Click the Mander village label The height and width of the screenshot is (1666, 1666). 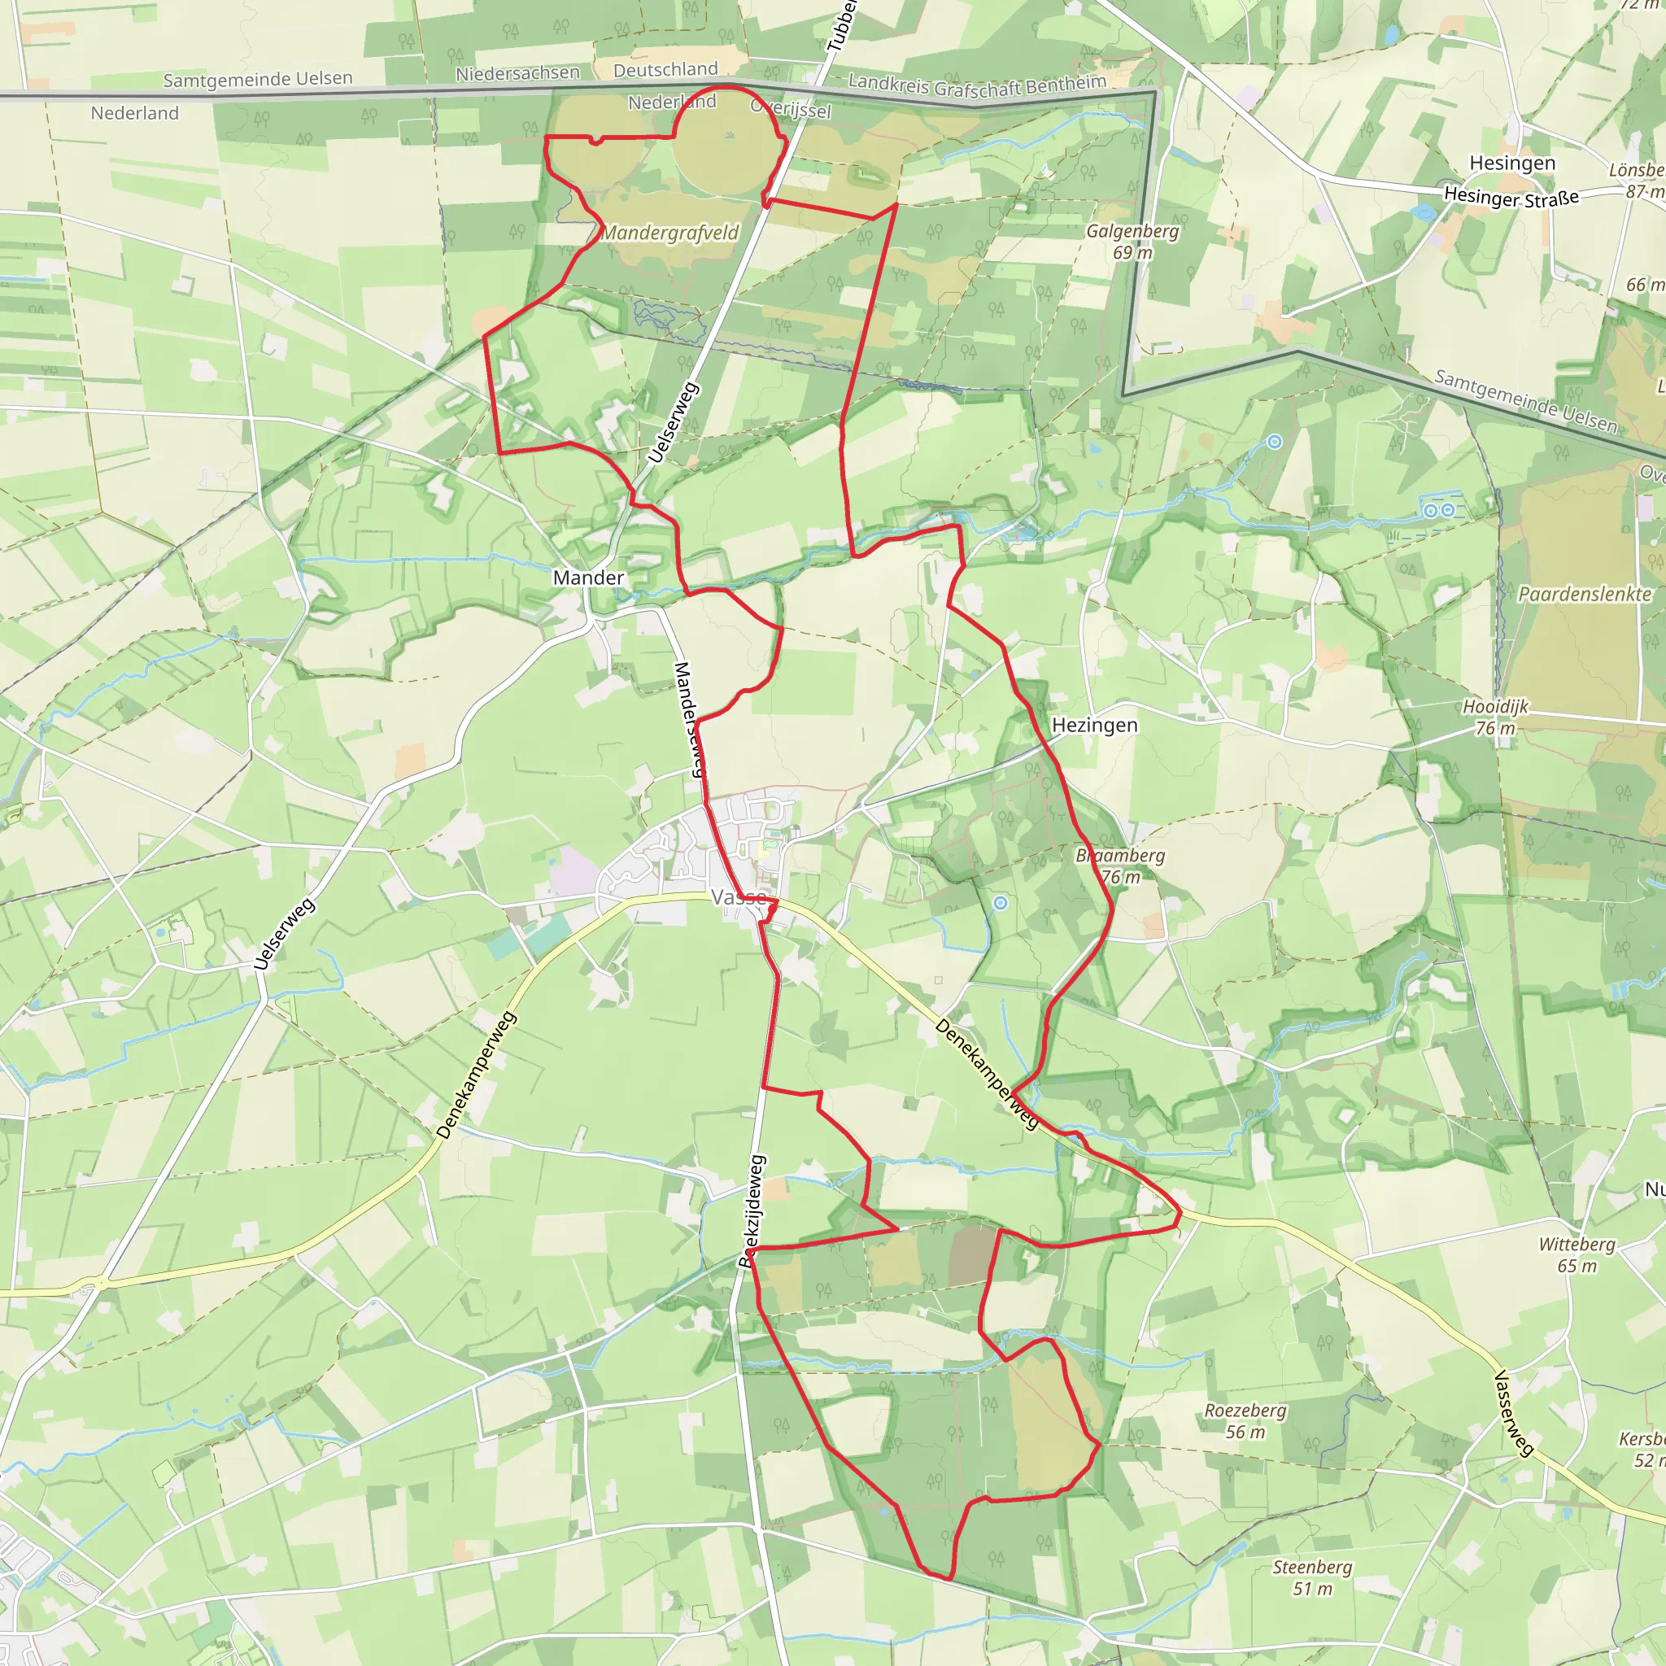(588, 578)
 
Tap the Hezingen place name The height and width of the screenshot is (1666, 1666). (1094, 725)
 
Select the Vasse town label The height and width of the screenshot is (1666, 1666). (738, 898)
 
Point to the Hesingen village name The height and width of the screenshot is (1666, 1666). (1512, 163)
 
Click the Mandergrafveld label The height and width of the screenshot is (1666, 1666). (670, 233)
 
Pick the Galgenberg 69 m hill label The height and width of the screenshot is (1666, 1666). (1132, 242)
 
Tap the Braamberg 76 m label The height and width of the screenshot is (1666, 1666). (1120, 866)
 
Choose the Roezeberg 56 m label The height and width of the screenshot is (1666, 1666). (1245, 1421)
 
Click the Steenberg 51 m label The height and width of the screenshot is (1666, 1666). (1312, 1578)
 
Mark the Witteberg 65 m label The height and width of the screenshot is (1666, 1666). (1577, 1254)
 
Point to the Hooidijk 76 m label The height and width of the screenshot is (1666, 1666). (1495, 717)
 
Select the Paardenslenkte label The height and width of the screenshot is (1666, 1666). (1584, 594)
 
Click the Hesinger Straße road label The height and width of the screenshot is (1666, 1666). (1511, 197)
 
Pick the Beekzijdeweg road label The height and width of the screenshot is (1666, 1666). (751, 1210)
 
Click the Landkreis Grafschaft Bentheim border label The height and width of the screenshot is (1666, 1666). (977, 86)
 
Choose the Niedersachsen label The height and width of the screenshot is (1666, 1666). (517, 73)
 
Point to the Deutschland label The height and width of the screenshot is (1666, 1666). (665, 69)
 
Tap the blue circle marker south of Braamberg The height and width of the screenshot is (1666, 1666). (1001, 903)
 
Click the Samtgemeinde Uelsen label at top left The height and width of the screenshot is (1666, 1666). (258, 80)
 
